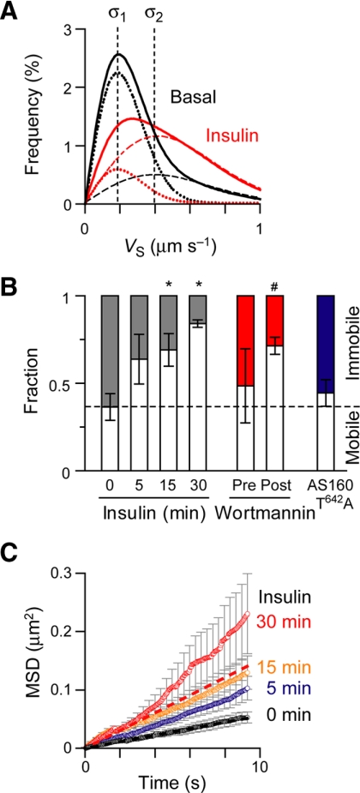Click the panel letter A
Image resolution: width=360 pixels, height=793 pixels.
[x=16, y=12]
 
